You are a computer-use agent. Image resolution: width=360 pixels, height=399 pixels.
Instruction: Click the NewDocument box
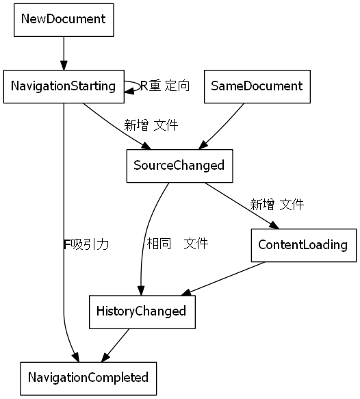click(x=64, y=19)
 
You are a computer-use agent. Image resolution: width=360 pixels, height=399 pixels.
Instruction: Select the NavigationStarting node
click(x=63, y=86)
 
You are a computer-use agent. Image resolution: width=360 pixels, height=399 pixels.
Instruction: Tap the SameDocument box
click(x=257, y=86)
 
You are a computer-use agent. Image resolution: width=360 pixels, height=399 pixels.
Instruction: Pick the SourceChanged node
click(x=179, y=166)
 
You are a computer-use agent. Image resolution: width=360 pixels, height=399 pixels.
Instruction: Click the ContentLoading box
click(x=303, y=245)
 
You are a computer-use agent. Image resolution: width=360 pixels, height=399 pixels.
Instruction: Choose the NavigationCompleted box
click(x=88, y=377)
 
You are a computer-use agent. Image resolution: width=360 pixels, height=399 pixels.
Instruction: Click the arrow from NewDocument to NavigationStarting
click(x=64, y=52)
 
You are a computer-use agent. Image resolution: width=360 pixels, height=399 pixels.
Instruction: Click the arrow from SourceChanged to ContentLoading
click(x=242, y=205)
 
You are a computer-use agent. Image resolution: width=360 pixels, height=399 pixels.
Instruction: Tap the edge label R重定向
click(x=165, y=86)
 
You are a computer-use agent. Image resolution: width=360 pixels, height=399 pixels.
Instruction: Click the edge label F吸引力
click(x=86, y=244)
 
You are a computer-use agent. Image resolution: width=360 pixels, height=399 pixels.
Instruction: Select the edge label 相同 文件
click(x=177, y=244)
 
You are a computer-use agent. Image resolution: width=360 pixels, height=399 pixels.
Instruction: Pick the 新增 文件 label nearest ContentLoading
click(x=277, y=204)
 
